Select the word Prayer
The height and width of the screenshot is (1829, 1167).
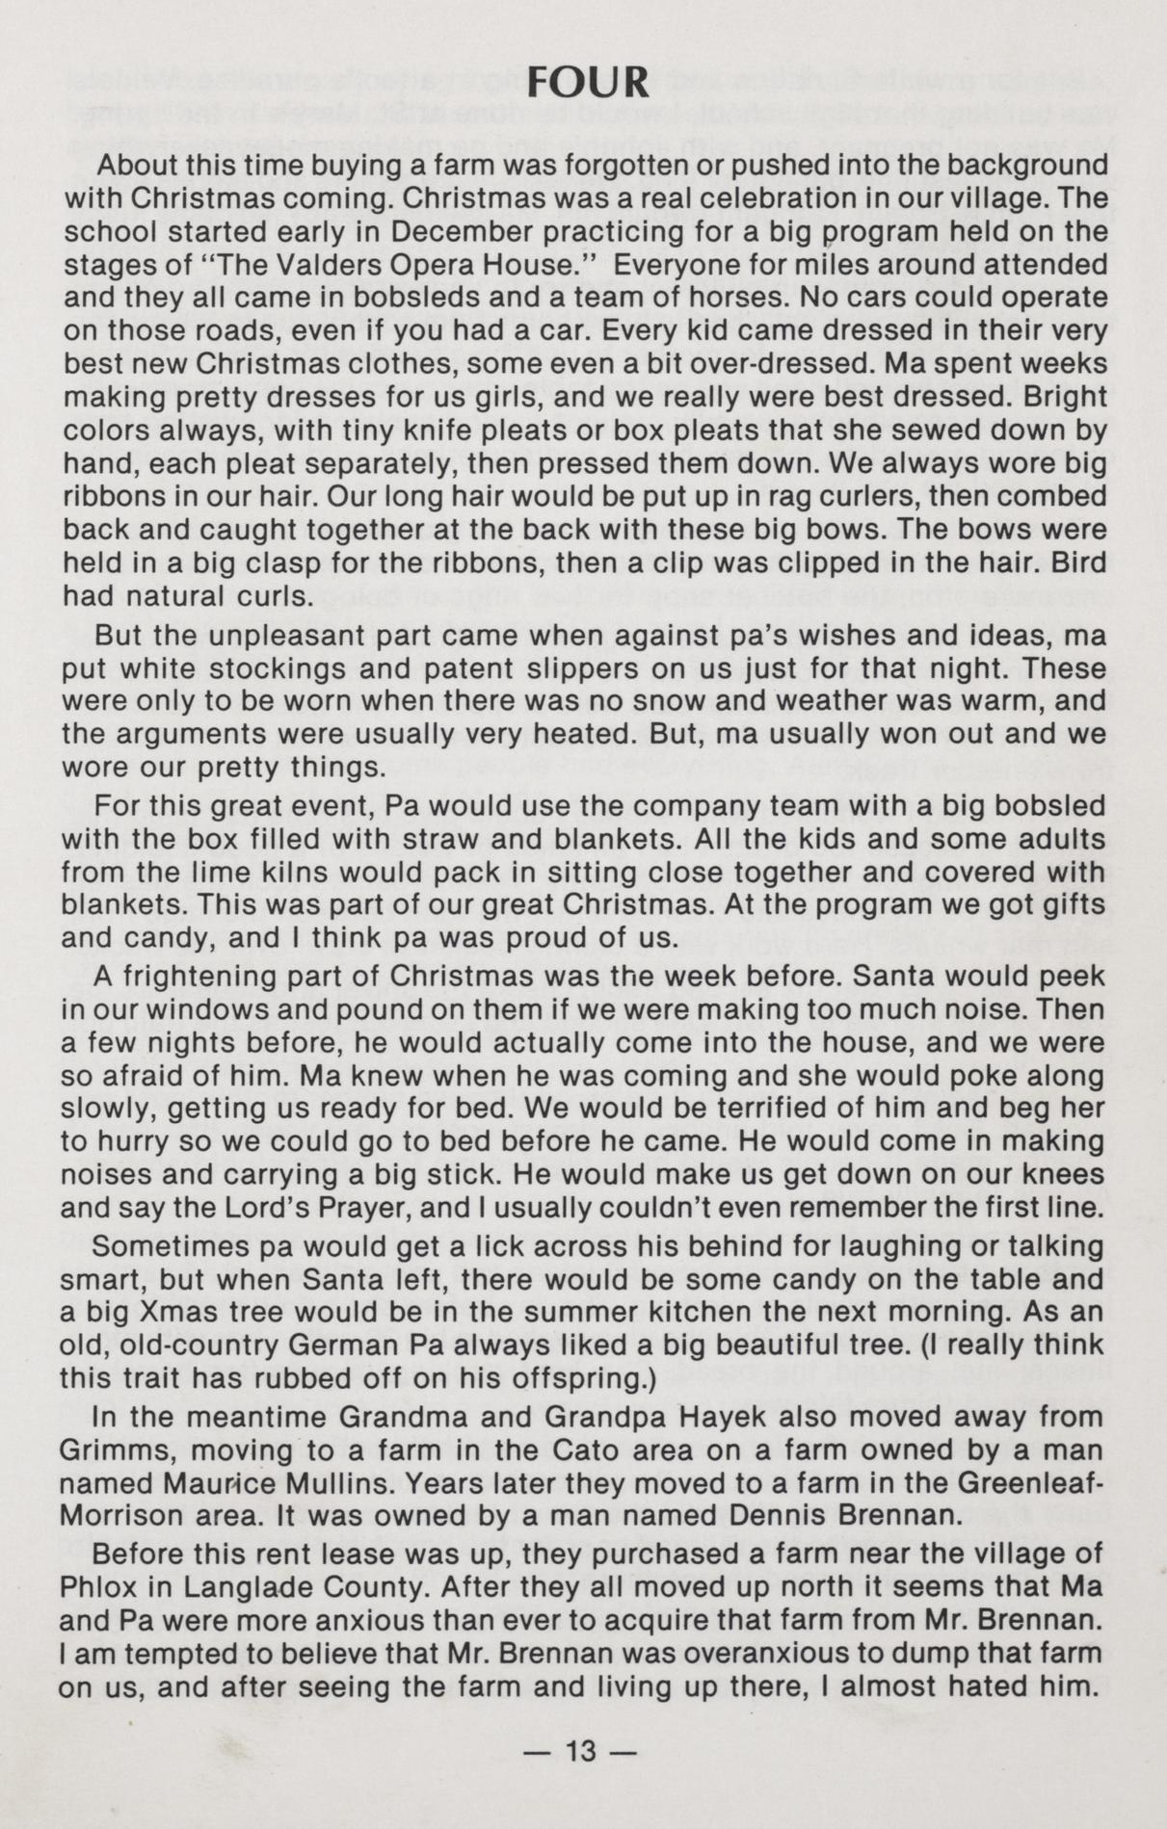coord(382,1208)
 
